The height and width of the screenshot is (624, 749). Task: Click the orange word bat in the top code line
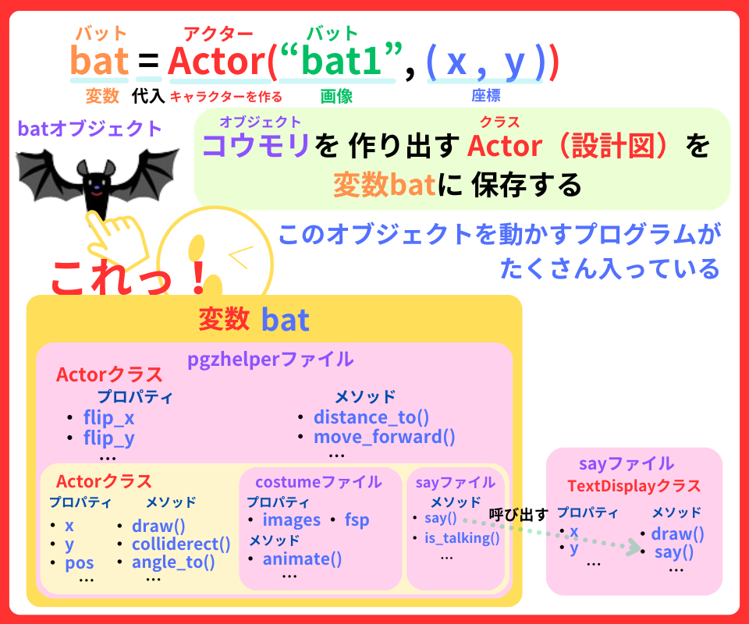point(99,62)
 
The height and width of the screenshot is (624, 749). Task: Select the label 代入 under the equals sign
point(147,96)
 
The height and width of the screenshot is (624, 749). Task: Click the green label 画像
point(336,96)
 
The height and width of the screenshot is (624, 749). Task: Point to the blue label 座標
point(485,96)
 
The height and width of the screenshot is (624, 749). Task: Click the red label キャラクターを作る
point(225,97)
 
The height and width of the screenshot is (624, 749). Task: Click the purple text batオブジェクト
point(90,128)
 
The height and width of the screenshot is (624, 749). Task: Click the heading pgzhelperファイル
point(270,360)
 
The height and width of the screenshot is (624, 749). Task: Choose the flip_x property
point(108,418)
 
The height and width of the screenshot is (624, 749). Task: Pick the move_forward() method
point(384,437)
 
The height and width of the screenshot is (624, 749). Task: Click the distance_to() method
point(371,417)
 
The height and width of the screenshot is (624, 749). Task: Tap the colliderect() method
point(181,544)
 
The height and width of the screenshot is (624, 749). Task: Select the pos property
point(80,562)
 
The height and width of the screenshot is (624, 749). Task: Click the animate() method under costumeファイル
point(302,558)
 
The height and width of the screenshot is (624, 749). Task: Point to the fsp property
point(357,520)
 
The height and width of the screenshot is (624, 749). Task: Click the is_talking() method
point(461,537)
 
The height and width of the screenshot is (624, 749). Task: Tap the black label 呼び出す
point(518,514)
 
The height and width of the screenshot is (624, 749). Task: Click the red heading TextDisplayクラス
point(634,486)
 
